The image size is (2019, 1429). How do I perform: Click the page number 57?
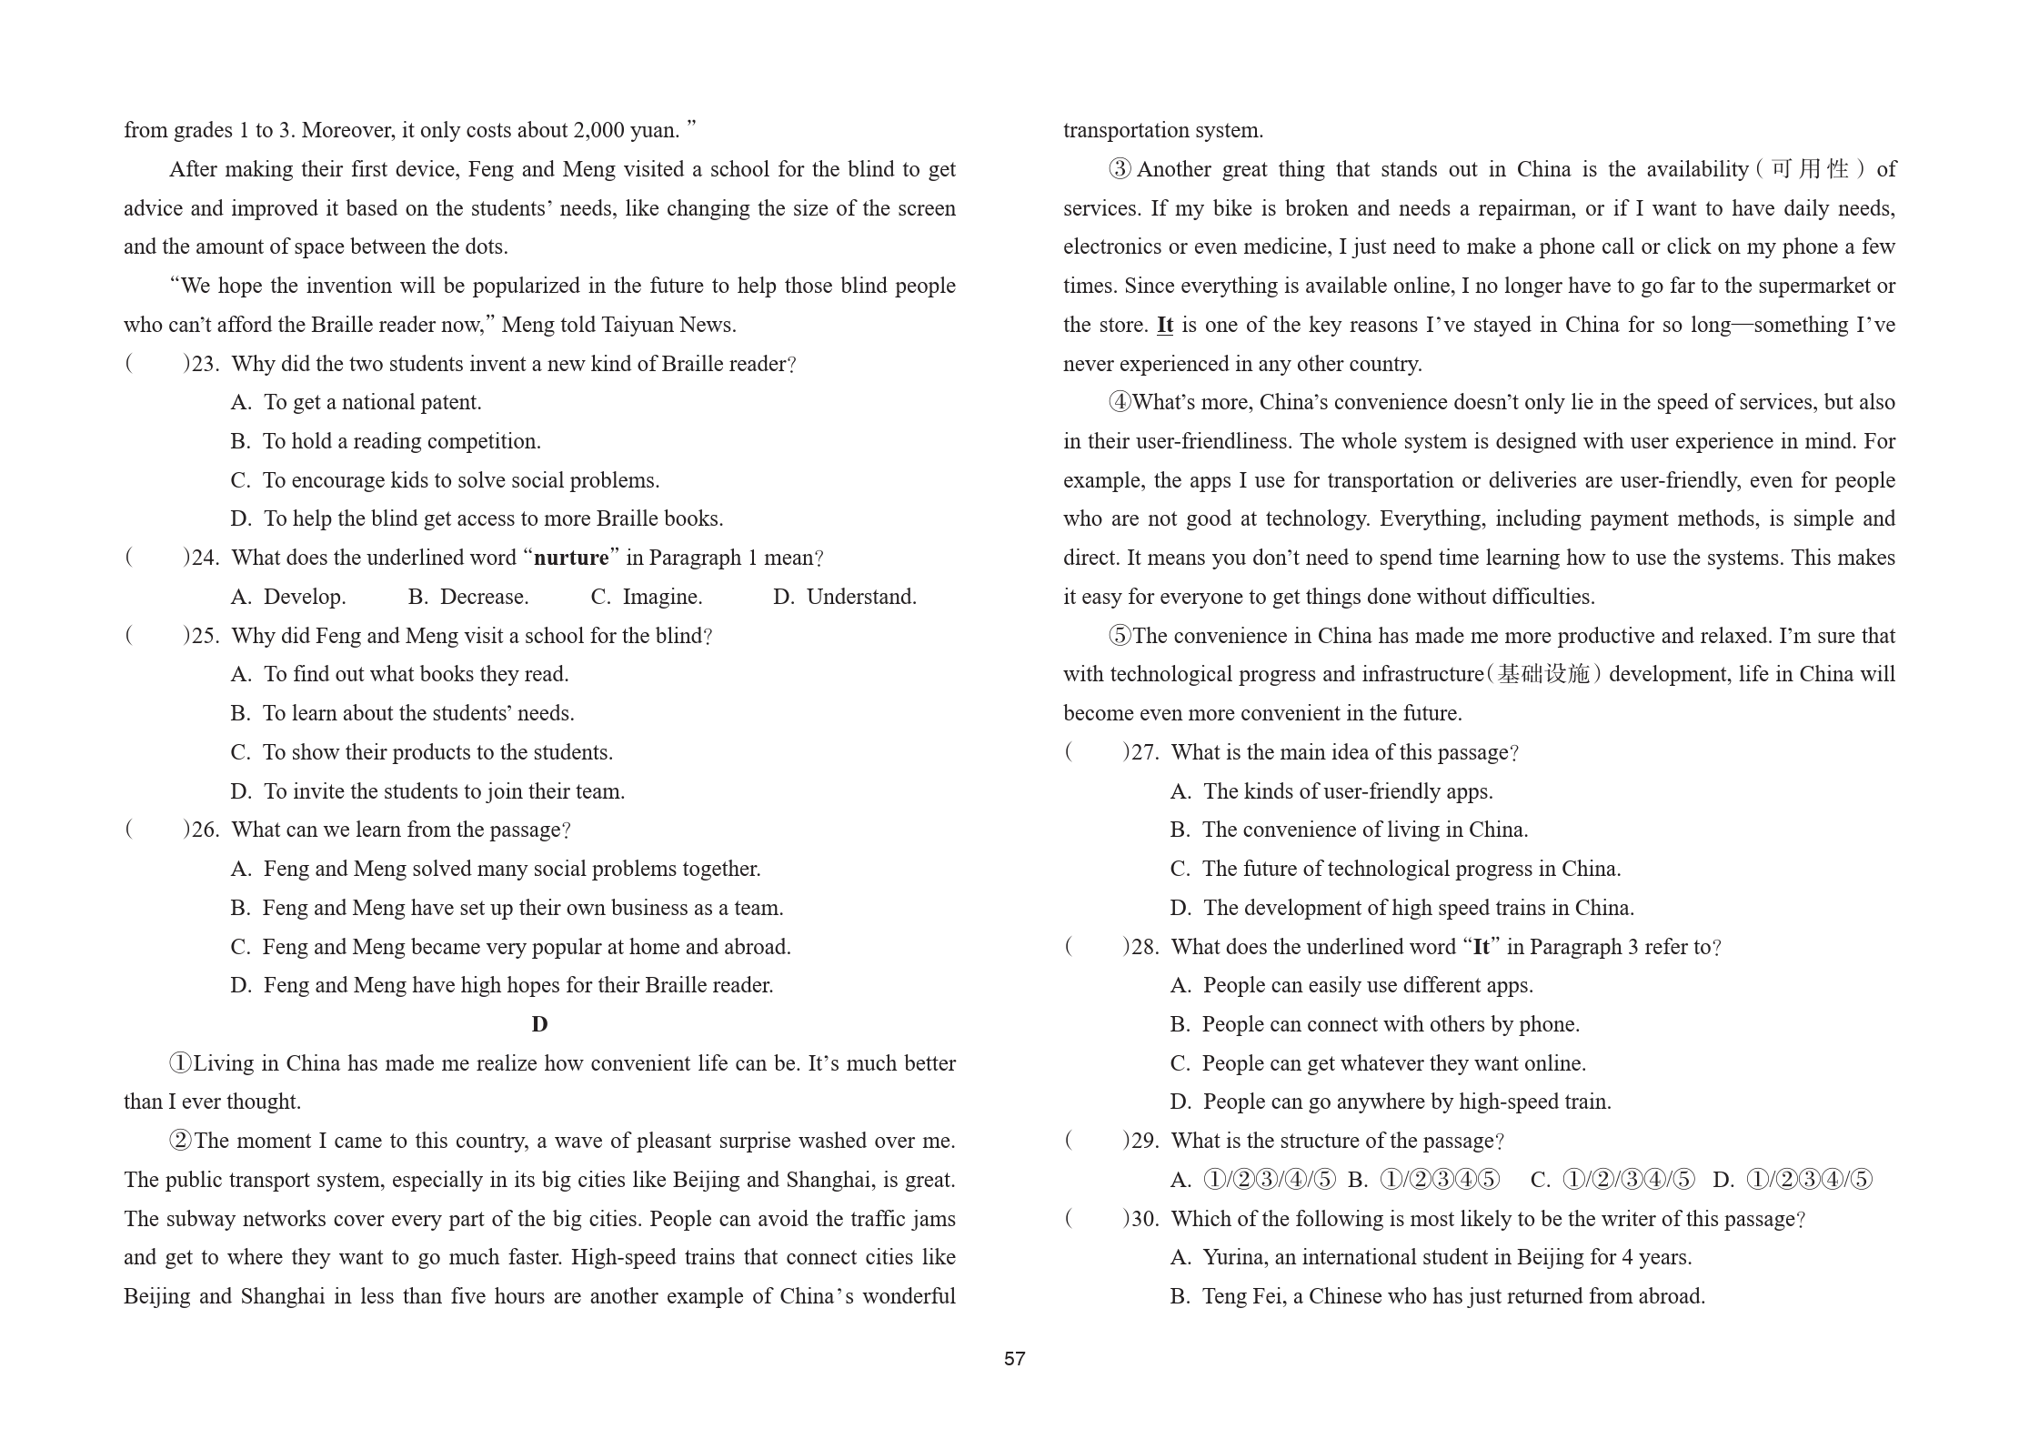(x=1014, y=1358)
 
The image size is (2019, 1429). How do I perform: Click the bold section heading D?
(x=539, y=1024)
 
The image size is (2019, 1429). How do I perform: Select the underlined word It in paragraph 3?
(x=1164, y=325)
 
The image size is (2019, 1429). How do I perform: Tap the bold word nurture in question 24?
(x=571, y=558)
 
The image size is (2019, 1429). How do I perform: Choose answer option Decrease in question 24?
(x=484, y=597)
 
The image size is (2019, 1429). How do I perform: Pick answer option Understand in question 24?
(x=860, y=597)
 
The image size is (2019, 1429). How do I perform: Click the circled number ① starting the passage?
(x=180, y=1063)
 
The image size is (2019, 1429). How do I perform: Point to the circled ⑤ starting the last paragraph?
(x=1120, y=636)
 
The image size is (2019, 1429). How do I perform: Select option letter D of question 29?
(x=1722, y=1180)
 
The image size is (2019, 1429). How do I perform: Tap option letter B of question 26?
(x=240, y=908)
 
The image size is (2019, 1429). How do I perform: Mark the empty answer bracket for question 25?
(x=156, y=636)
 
